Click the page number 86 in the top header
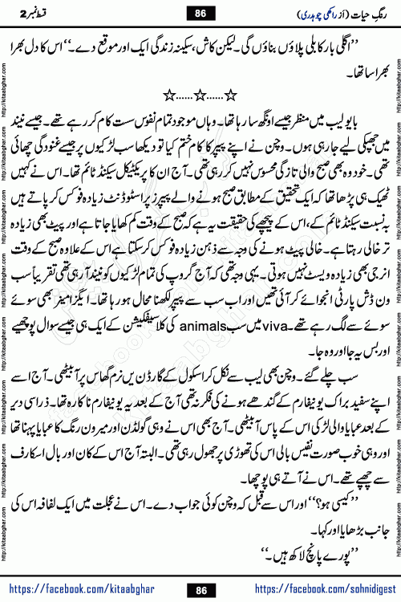(200, 13)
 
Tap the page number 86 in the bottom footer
(200, 590)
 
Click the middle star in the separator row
(200, 97)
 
